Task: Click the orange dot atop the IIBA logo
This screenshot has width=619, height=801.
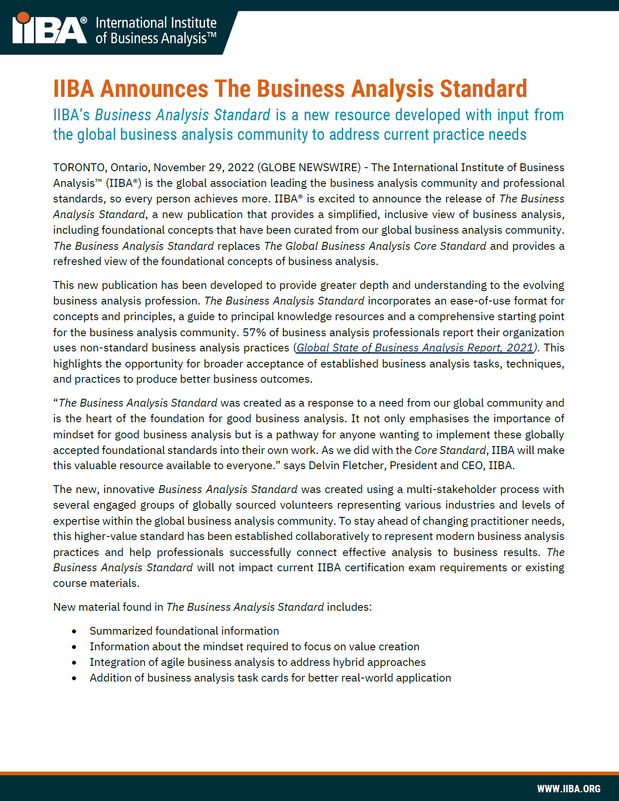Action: coord(23,18)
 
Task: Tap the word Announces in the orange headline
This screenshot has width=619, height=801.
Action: coord(154,89)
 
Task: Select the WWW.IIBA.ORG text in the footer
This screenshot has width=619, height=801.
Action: coord(569,788)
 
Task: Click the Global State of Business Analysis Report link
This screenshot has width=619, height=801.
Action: coord(415,348)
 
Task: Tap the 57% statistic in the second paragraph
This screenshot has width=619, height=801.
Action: coord(254,333)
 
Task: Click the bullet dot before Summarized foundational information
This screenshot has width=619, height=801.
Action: coord(75,632)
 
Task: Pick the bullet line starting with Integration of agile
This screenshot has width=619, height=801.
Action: coord(257,662)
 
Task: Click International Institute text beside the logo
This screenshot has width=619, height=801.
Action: coord(156,23)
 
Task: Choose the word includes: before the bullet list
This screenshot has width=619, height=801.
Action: coord(349,607)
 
